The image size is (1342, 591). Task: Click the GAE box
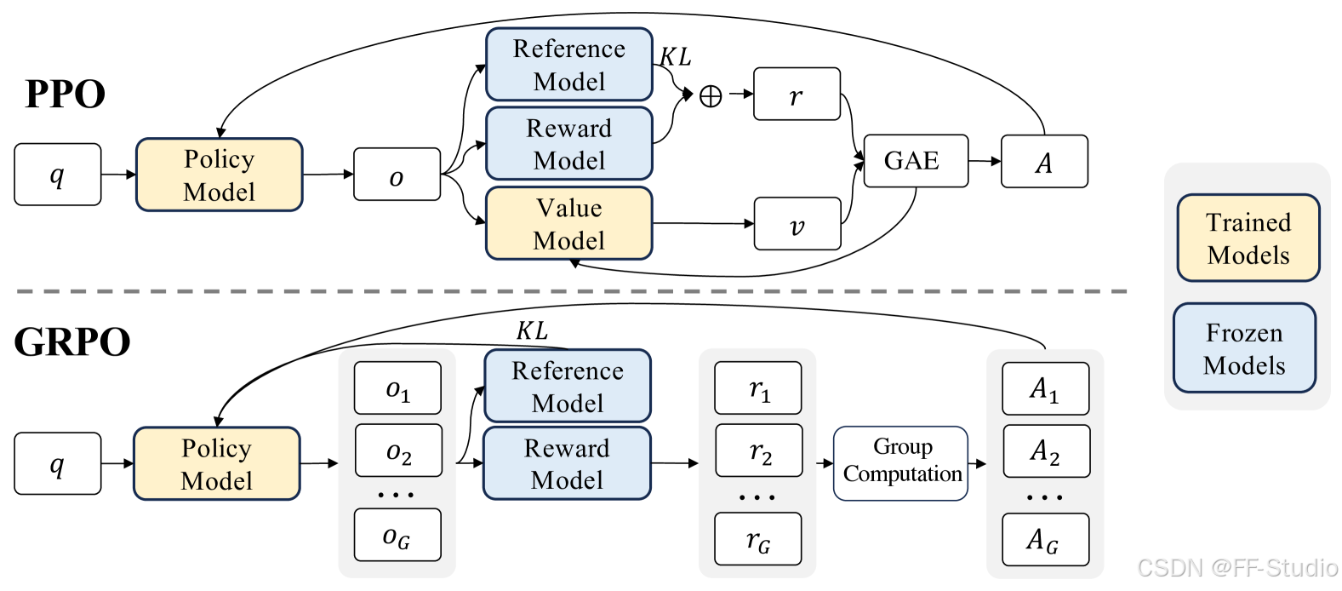pos(916,161)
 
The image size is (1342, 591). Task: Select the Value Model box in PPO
pos(568,224)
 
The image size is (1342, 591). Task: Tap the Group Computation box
pos(901,462)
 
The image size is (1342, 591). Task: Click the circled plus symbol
pos(711,96)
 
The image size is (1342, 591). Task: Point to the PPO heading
pos(65,94)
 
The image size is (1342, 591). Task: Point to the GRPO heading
pos(72,341)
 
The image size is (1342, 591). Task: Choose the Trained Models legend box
pos(1248,238)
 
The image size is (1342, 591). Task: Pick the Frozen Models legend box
pos(1244,348)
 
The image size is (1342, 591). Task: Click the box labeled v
pos(797,224)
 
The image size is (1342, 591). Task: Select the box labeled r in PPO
pos(797,95)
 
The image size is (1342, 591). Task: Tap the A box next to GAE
pos(1044,162)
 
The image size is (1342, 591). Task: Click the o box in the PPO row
pos(397,175)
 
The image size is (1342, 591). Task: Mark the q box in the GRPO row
pos(57,463)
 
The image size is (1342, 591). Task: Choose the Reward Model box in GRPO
pos(567,463)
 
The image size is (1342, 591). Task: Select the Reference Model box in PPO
pos(568,65)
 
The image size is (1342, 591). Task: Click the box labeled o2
pos(398,450)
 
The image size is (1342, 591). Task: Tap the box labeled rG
pos(757,539)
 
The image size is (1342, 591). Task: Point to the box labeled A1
pos(1045,388)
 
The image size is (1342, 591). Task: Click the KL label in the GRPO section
pos(532,330)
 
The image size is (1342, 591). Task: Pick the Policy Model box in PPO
pos(220,175)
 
